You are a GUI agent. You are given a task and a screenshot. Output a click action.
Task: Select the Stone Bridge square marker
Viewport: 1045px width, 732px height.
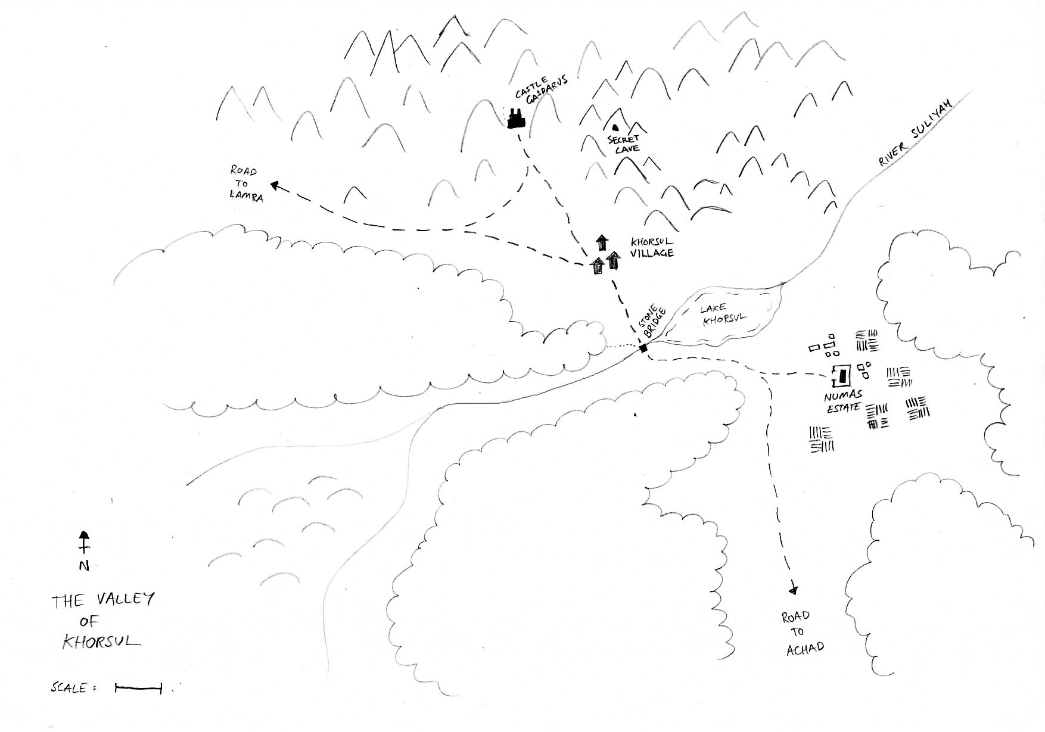point(643,348)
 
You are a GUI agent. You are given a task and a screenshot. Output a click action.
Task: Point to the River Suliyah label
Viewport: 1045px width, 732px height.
point(916,133)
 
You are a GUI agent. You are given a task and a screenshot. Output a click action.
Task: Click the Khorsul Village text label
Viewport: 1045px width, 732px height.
point(652,247)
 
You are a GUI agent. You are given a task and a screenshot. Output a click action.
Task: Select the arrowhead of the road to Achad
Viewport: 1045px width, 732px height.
point(792,590)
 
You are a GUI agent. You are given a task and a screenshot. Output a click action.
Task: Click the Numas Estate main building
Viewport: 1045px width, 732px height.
point(842,375)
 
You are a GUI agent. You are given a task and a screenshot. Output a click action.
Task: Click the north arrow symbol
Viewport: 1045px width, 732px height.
point(84,542)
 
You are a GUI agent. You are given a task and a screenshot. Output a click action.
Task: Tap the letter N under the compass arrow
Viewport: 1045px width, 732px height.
point(84,566)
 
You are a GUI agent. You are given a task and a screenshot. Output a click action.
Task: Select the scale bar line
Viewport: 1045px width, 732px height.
point(138,689)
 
